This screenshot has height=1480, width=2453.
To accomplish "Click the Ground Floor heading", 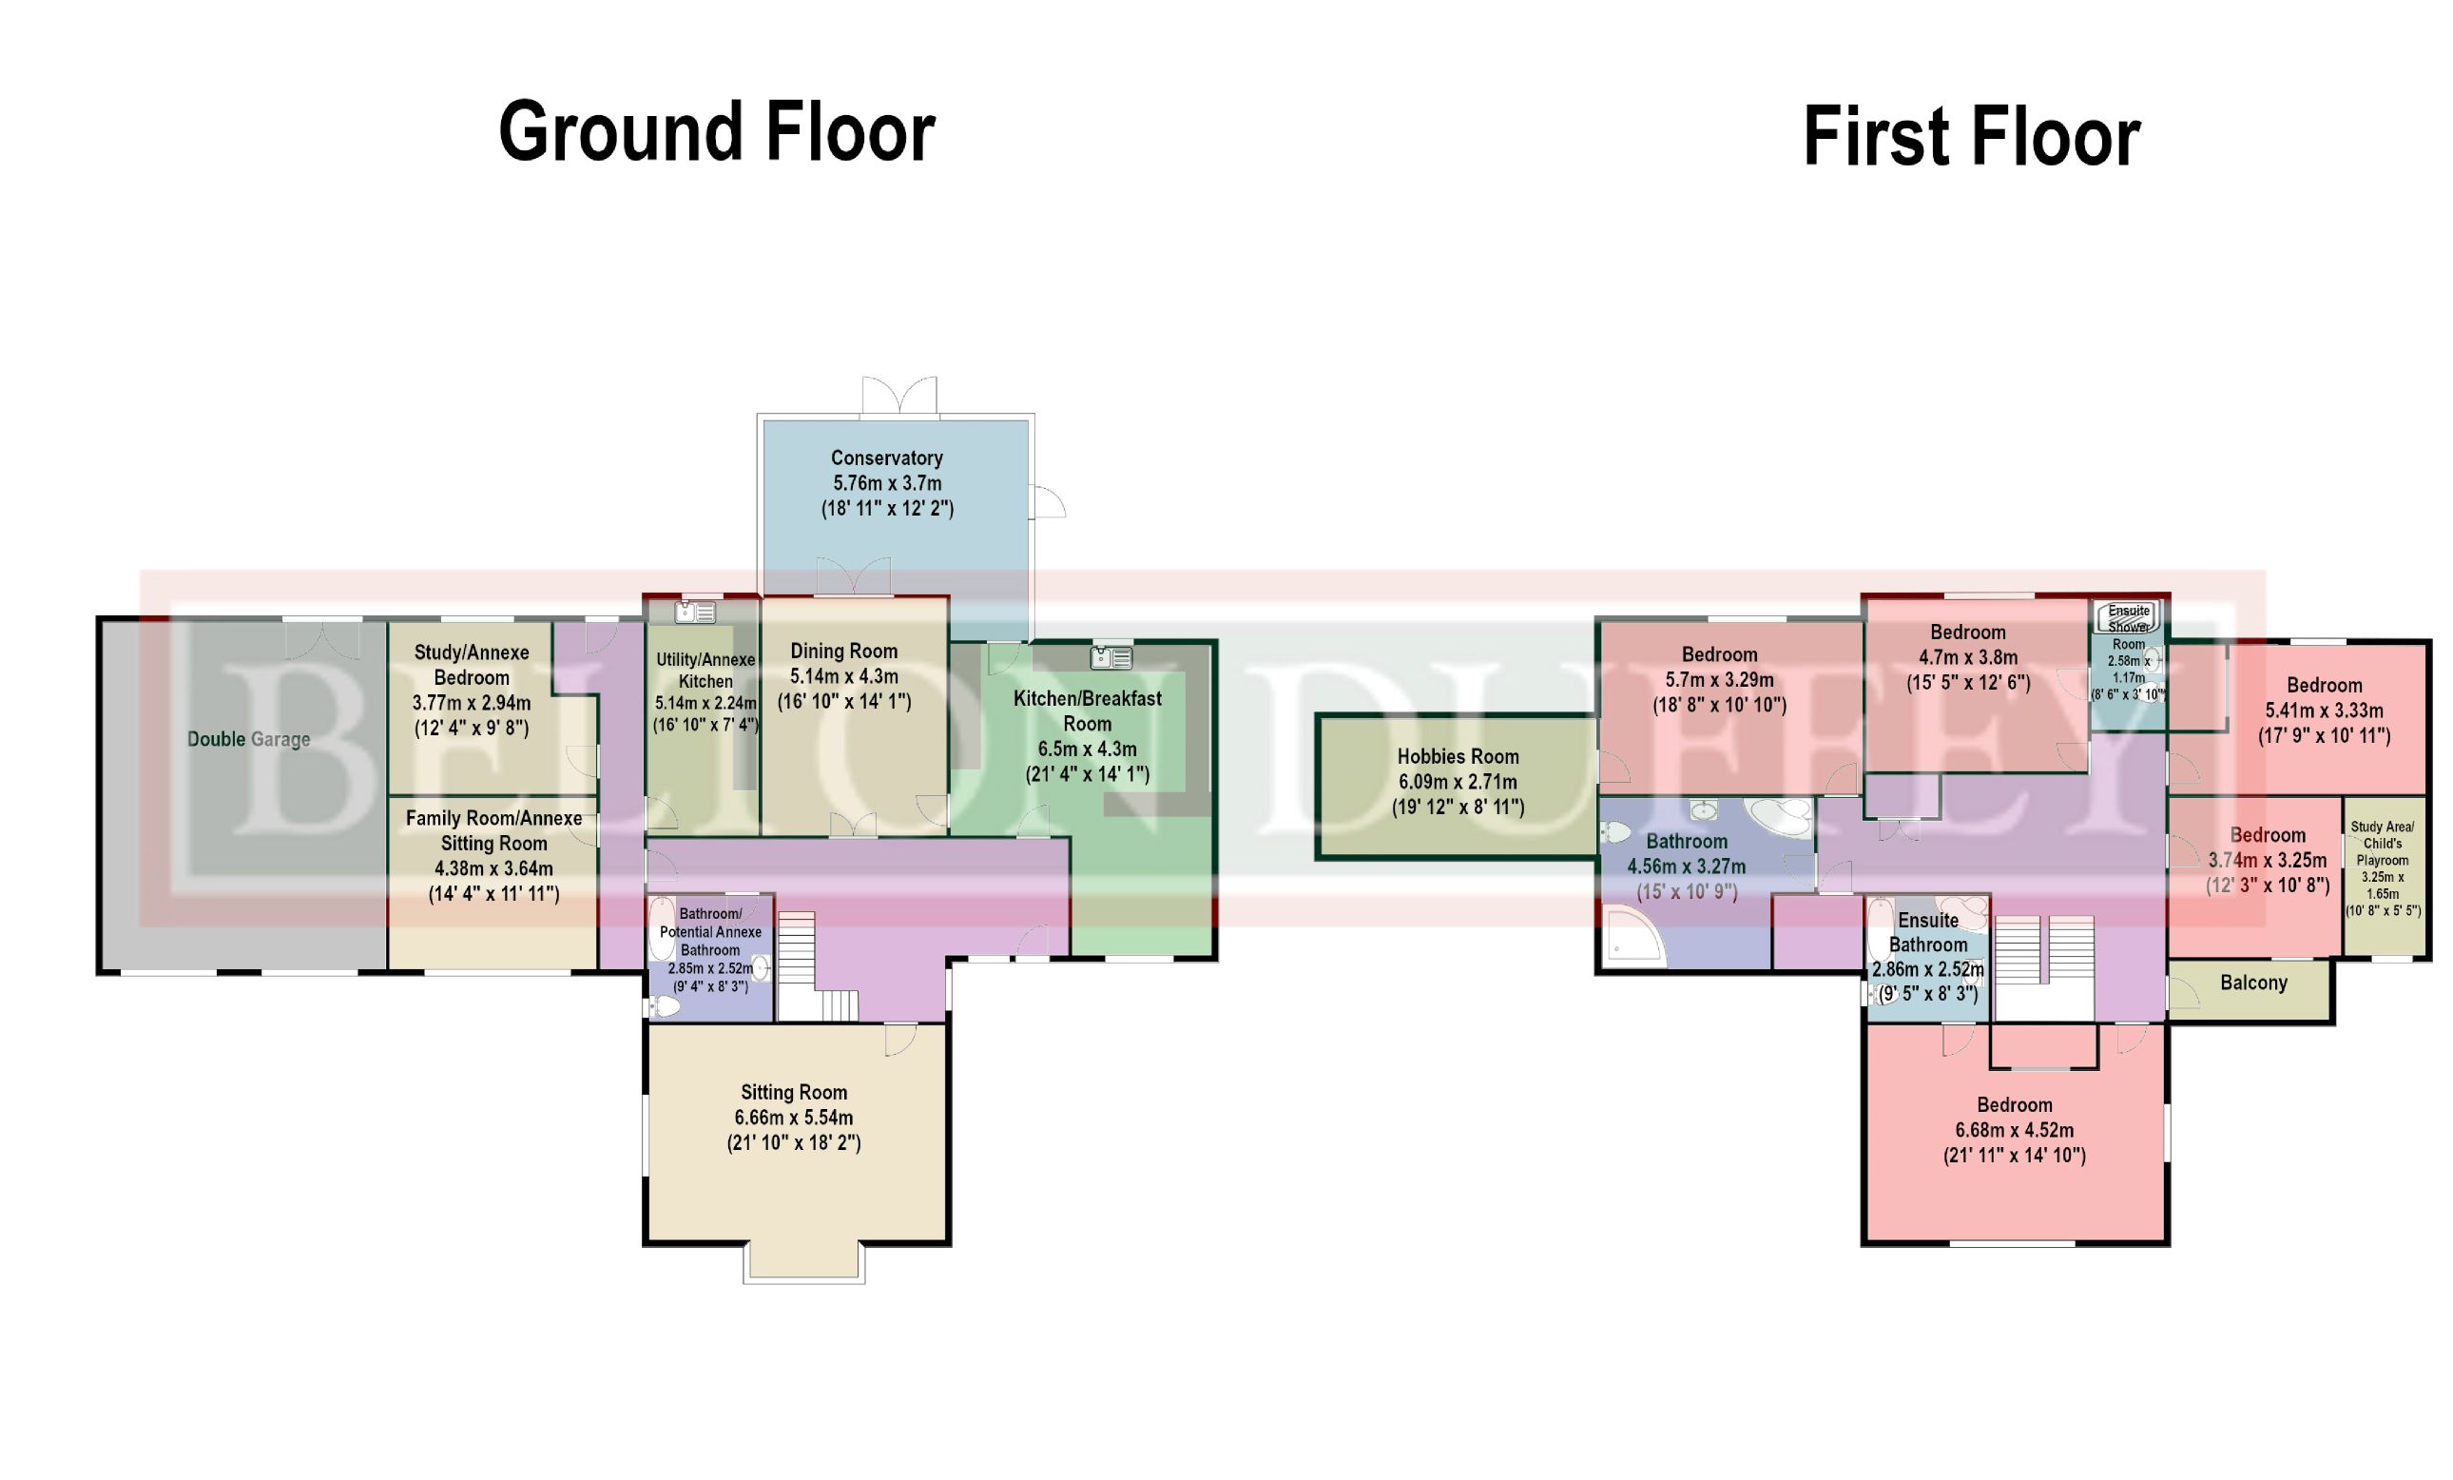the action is (x=717, y=131).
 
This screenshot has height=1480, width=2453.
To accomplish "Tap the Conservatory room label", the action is (x=887, y=458).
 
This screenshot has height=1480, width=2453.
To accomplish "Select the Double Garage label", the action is (x=249, y=739).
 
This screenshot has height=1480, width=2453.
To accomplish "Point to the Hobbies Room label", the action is (x=1458, y=757).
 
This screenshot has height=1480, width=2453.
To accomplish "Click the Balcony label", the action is (x=2254, y=983).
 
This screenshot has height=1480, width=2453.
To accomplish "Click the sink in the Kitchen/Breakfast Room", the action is (x=1111, y=656).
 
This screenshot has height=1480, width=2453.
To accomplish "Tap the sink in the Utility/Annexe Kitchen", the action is (x=696, y=612).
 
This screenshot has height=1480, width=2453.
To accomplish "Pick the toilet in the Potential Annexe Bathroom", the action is (x=663, y=1007).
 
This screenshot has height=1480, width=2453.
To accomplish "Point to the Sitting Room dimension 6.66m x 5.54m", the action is (x=794, y=1118).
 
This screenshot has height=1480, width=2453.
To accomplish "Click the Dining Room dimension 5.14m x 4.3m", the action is (x=844, y=676).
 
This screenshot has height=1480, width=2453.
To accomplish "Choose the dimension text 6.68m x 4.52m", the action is (x=2014, y=1130).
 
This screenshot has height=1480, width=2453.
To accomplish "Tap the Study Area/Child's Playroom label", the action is (x=2383, y=844).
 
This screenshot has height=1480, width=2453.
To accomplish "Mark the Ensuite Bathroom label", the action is (x=1928, y=932).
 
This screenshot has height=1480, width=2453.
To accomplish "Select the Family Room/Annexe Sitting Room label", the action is (x=493, y=830).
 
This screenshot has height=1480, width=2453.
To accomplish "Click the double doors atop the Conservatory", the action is (x=900, y=396).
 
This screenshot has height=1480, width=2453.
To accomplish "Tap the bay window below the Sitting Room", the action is (x=803, y=1263).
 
